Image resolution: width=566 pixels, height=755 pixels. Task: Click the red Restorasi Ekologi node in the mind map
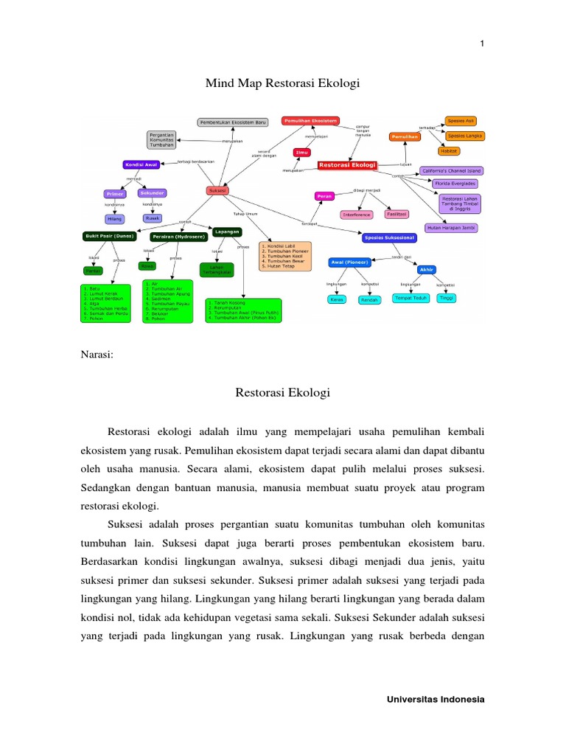[x=347, y=166]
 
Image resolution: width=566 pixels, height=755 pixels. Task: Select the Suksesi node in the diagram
[x=217, y=190]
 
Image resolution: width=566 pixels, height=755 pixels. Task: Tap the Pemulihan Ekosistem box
[x=310, y=120]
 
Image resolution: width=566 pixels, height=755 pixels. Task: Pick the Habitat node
[x=449, y=150]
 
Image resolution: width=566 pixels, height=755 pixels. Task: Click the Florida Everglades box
[x=455, y=183]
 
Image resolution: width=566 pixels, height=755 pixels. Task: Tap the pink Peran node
[x=324, y=196]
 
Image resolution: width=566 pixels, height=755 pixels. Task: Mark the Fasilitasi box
[x=398, y=214]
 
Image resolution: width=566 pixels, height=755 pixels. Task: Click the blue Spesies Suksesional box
[x=390, y=237]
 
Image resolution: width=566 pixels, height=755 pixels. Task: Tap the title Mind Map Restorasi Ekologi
[x=282, y=84]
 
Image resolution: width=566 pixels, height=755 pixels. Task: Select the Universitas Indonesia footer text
[x=436, y=699]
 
